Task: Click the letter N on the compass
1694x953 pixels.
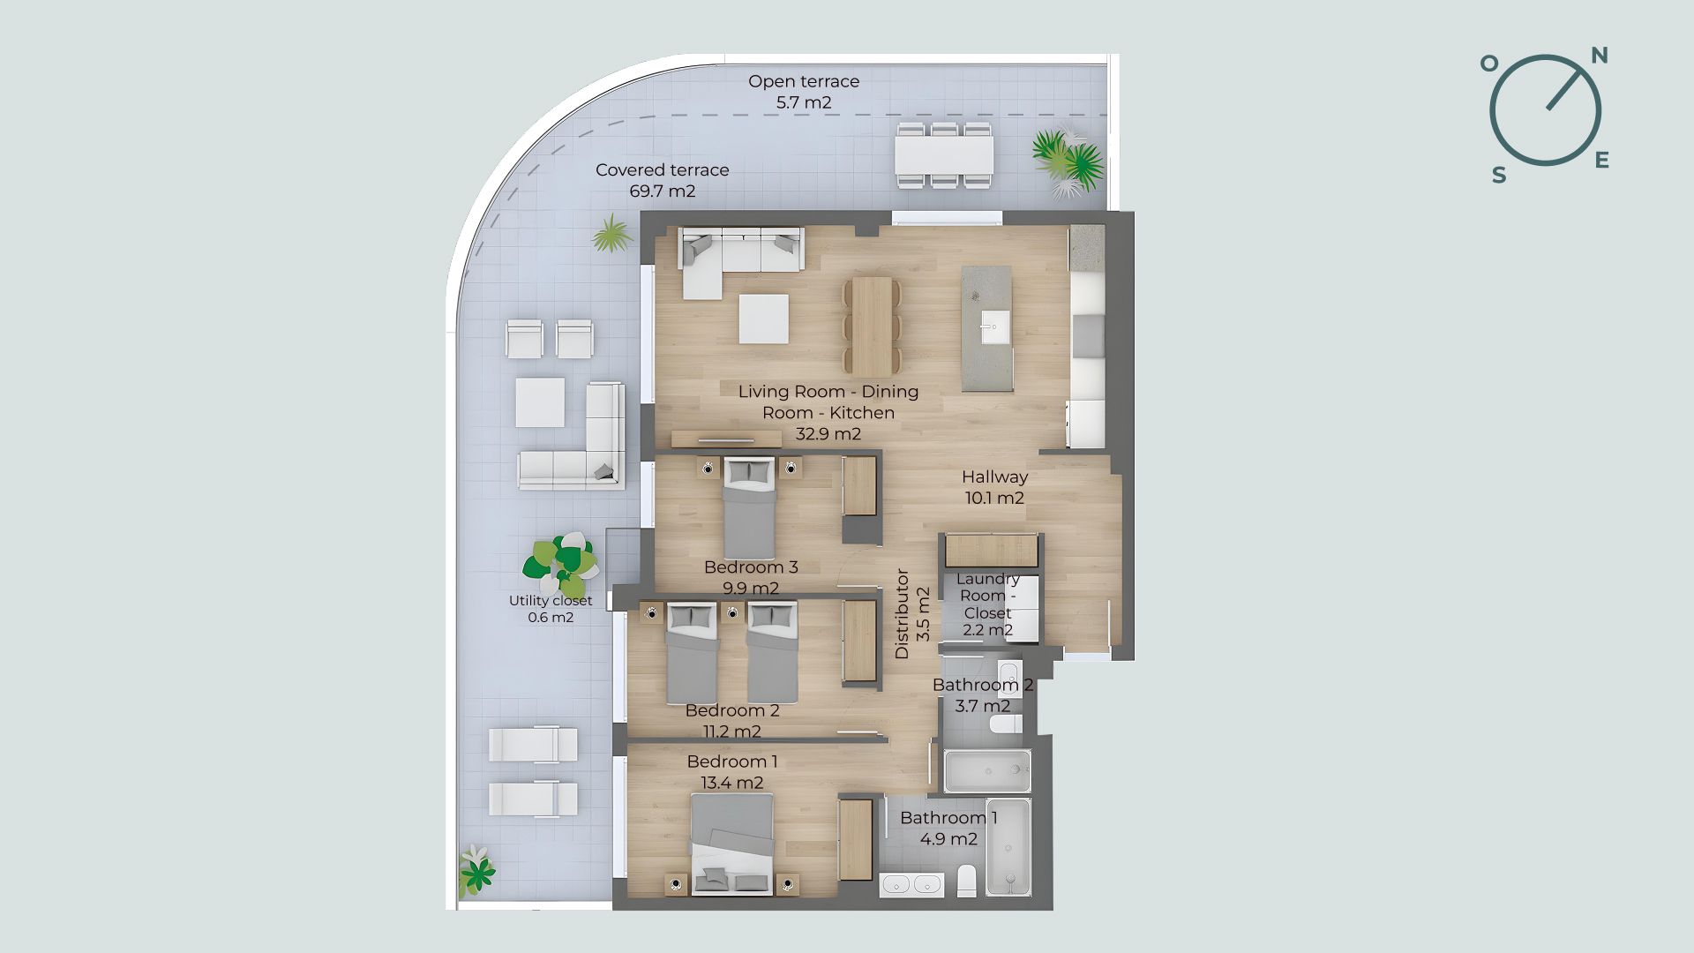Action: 1599,56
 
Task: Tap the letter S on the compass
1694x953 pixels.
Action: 1499,176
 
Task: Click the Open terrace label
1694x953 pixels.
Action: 804,81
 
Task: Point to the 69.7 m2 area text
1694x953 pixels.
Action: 663,191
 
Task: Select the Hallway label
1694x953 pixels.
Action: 994,477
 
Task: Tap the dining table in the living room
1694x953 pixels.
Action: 872,327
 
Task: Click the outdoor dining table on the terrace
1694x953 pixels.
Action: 944,155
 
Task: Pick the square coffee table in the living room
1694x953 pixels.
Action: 763,319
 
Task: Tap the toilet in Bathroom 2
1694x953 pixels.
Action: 1006,724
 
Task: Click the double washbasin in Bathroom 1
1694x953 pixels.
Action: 911,885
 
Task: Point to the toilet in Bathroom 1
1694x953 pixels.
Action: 967,881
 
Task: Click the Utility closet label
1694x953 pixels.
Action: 551,601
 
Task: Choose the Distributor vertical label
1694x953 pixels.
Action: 902,614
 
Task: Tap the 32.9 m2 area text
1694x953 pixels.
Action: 828,434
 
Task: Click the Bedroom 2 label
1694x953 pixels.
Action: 732,711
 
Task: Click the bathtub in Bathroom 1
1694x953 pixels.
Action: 1008,848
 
